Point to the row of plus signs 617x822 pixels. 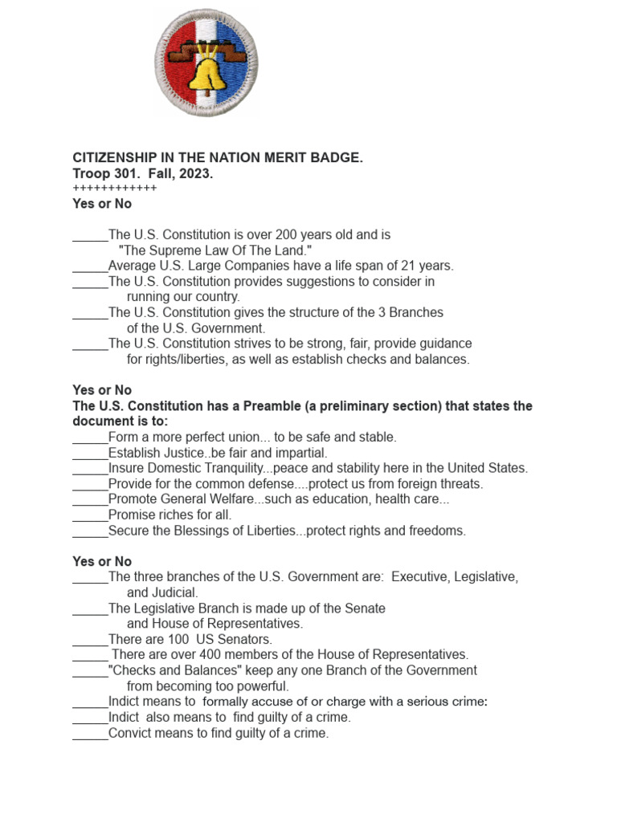coord(114,189)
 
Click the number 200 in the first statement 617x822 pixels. coord(287,235)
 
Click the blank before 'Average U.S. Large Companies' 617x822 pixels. coord(90,266)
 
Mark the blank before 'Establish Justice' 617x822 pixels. coord(90,453)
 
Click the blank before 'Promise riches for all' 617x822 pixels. coord(90,515)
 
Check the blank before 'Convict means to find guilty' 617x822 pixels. coord(90,733)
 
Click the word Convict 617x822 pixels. coord(130,733)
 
